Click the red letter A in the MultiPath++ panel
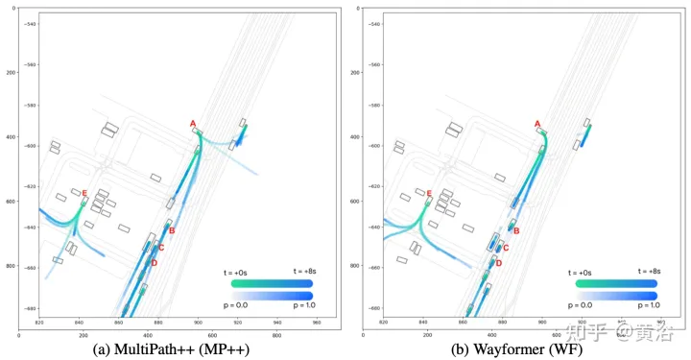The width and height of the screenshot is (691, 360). [193, 124]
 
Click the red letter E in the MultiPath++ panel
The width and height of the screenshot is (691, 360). [84, 194]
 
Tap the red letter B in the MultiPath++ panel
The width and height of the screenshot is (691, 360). [171, 230]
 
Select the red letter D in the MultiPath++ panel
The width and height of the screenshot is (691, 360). [154, 263]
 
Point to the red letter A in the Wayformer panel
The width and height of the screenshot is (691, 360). [537, 124]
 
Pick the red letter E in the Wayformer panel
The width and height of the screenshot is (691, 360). [428, 194]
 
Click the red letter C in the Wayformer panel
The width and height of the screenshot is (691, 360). [506, 248]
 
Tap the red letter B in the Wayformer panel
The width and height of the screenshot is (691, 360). [515, 230]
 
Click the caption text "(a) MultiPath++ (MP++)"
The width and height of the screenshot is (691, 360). [174, 348]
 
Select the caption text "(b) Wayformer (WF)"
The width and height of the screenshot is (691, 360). [518, 348]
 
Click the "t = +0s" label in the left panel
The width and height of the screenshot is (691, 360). [243, 272]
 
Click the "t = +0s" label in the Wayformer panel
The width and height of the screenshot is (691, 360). [587, 272]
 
